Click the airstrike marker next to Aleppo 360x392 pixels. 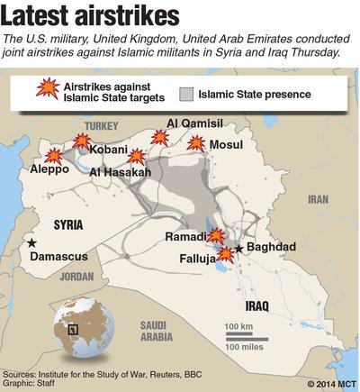54,156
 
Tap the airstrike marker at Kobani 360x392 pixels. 82,141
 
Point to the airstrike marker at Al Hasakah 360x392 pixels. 136,157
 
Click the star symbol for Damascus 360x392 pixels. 32,242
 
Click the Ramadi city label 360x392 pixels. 185,237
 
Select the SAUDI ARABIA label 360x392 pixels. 162,331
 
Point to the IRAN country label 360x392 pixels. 318,200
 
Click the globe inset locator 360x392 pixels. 83,329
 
